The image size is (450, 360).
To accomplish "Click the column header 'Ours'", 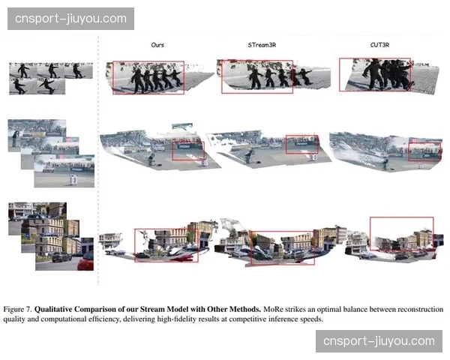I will click(157, 45).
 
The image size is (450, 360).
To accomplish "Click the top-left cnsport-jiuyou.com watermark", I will click(72, 18).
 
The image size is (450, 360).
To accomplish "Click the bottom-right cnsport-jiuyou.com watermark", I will click(379, 341).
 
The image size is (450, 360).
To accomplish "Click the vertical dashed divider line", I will click(98, 172).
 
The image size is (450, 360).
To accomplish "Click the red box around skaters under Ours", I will click(148, 77).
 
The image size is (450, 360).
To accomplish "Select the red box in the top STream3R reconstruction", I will click(257, 77).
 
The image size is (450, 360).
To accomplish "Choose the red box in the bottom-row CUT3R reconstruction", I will click(401, 235).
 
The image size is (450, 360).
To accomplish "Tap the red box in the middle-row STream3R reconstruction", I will click(301, 145).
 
